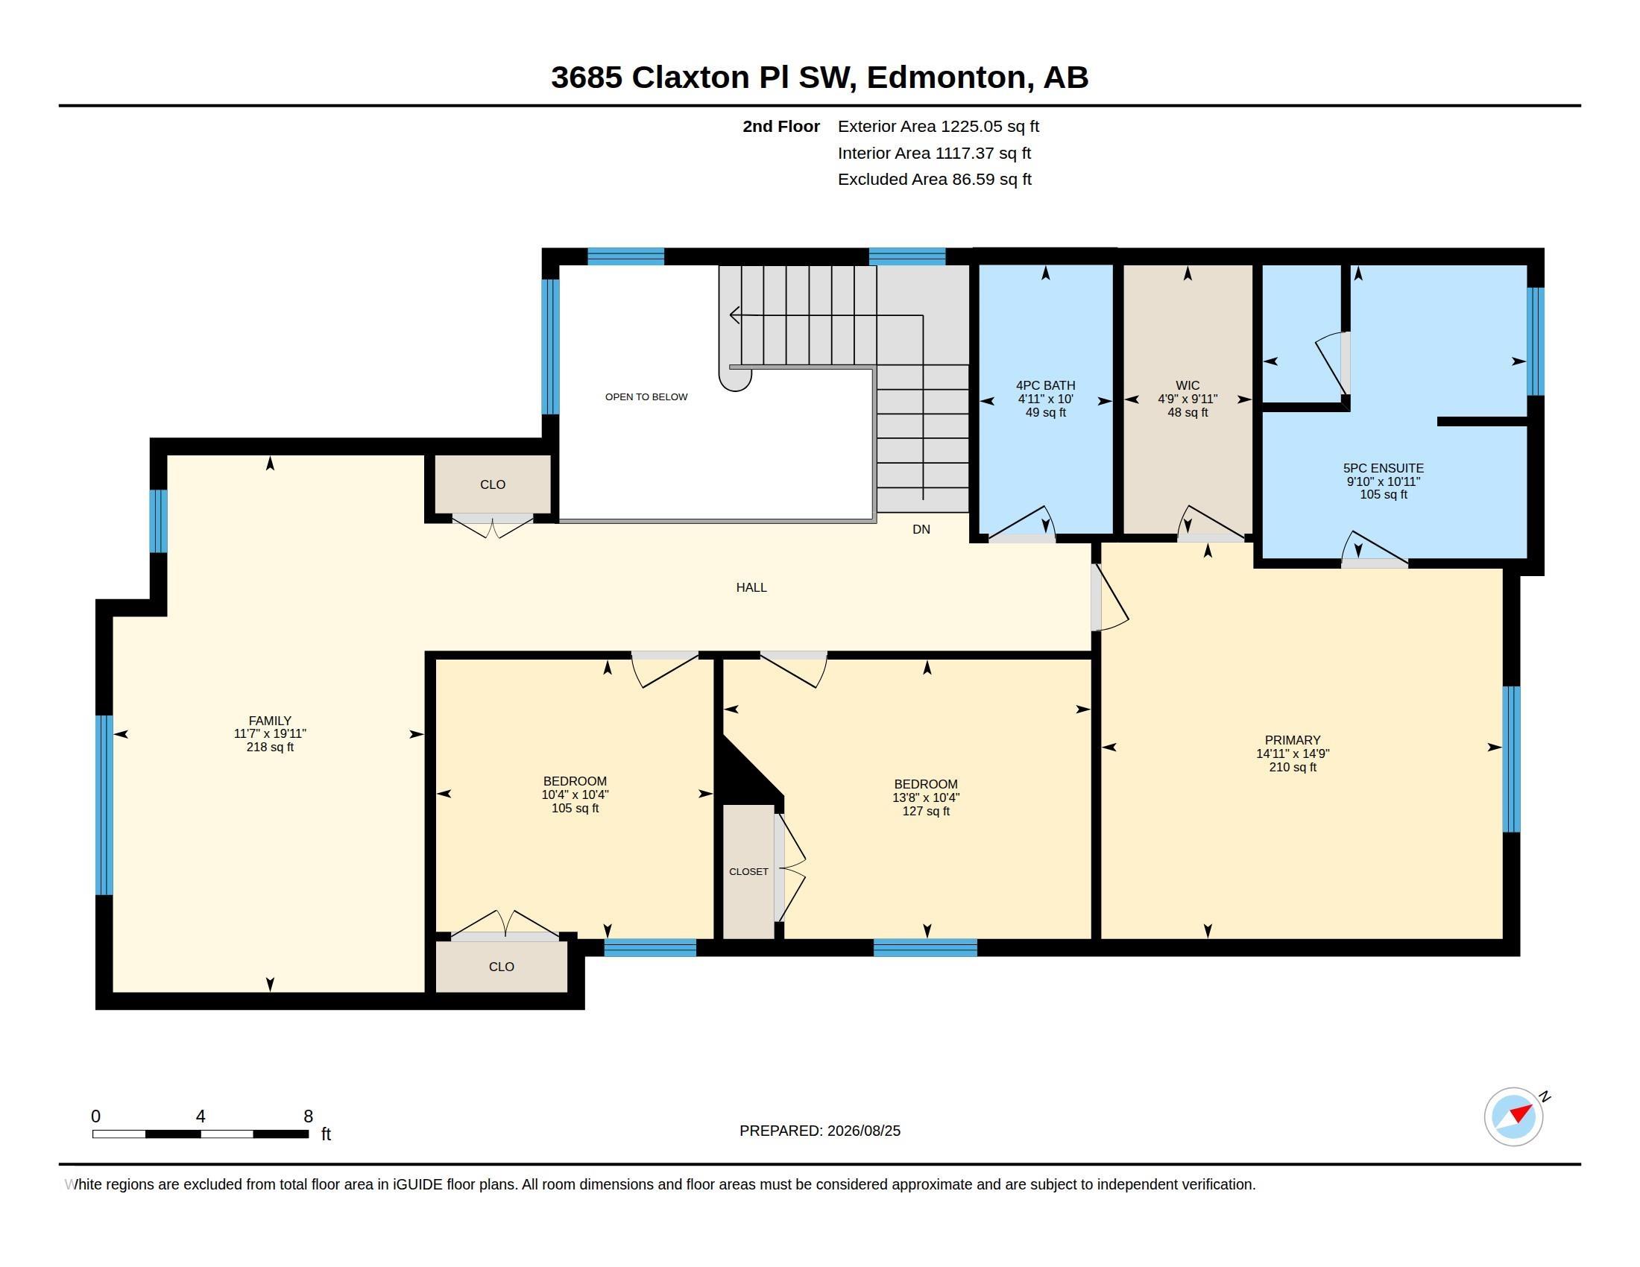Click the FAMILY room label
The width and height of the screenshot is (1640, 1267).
coord(270,721)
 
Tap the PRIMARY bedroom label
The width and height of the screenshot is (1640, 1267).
coord(1293,740)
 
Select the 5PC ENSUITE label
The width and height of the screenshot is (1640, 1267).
coord(1383,467)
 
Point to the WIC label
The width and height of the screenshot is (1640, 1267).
coord(1188,386)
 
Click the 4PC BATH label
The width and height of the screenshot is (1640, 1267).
coord(1045,386)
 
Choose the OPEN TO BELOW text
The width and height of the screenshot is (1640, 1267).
coord(646,397)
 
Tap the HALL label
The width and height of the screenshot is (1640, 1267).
coord(751,588)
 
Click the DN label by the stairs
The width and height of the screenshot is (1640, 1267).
coord(921,529)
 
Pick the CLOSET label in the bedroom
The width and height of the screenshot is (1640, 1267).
coord(748,871)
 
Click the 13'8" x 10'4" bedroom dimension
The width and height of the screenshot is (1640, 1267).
coord(926,798)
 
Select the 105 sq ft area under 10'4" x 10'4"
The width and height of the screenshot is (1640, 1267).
coord(575,809)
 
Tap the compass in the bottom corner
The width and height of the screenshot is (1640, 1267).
coord(1514,1116)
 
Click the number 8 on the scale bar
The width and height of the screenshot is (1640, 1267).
coord(308,1116)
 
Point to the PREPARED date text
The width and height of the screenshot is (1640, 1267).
coord(820,1131)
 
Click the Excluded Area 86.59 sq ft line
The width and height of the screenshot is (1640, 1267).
coord(935,180)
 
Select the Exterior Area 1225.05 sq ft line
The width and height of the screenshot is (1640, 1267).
coord(939,127)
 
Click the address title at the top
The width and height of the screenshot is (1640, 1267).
coord(820,78)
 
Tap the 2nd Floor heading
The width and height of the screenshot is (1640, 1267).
coord(781,127)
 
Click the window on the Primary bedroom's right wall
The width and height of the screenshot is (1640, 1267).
coord(1512,759)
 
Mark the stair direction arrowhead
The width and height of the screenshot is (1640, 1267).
coord(734,316)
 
